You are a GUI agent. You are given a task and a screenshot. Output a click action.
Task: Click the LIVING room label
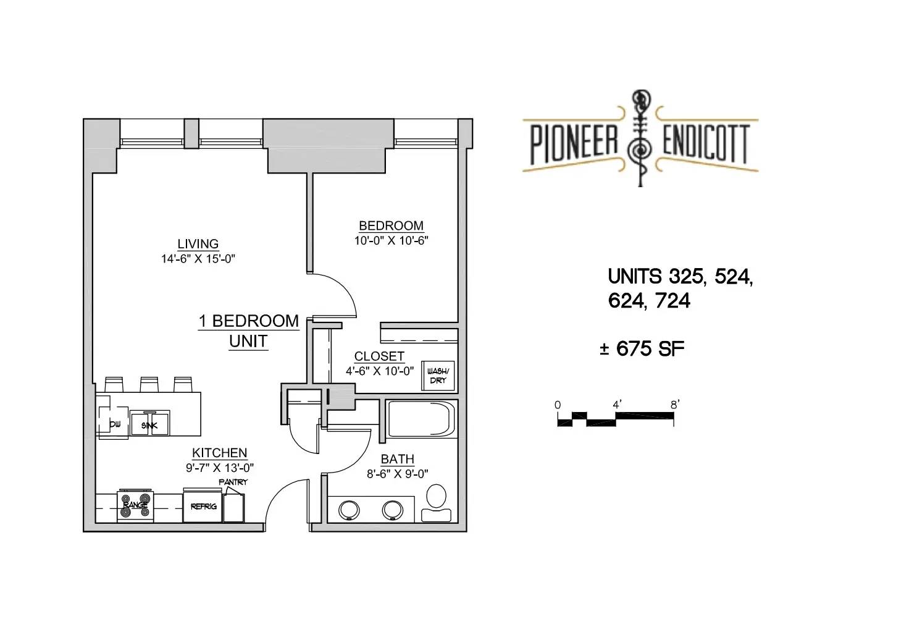198,244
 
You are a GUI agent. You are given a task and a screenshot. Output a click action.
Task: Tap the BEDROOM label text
391,225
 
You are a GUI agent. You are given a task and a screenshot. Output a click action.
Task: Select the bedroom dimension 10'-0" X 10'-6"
391,241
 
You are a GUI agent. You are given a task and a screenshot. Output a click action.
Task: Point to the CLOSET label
379,356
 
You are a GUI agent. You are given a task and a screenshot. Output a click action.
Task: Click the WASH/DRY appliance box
438,376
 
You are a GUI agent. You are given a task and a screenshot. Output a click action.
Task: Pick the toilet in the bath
437,502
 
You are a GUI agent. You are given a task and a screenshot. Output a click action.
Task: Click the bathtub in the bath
421,419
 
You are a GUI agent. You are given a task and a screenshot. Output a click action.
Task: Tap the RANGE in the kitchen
135,506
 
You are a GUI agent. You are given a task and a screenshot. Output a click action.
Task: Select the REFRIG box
203,505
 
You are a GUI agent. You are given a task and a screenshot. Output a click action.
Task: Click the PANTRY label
233,482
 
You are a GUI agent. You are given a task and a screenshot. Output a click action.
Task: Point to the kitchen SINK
149,423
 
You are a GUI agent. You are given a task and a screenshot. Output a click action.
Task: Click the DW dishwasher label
115,424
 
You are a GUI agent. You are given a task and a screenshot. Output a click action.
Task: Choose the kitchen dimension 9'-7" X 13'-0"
220,468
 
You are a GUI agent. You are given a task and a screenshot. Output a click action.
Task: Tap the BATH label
398,459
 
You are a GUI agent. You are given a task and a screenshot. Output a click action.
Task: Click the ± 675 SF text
642,349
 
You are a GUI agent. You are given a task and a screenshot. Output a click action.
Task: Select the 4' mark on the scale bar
617,404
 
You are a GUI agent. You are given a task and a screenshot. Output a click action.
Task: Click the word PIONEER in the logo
574,143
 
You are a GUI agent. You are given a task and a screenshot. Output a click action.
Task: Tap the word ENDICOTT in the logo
706,143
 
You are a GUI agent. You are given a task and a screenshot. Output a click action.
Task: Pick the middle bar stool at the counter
149,384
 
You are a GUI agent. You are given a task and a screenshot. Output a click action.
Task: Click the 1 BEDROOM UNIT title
249,331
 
